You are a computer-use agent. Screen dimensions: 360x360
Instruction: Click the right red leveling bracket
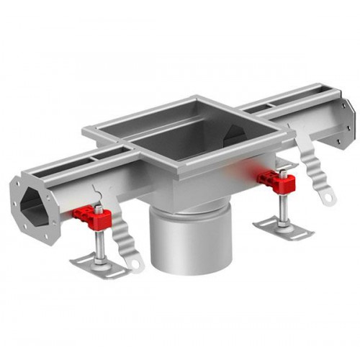pos(278,181)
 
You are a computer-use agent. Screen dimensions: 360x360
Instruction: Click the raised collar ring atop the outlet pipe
pos(189,209)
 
